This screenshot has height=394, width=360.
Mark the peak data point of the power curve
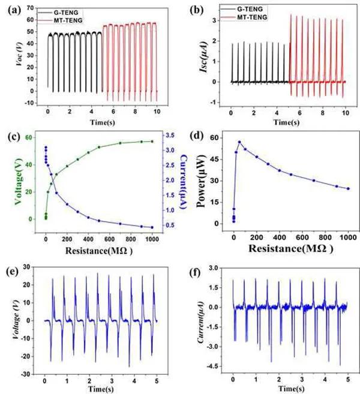click(239, 142)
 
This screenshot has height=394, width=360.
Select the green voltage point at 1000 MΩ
click(152, 142)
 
